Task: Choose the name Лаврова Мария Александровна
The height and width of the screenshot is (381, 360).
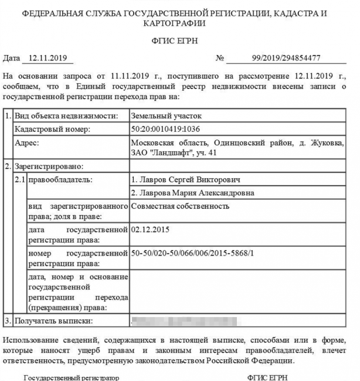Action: [193, 193]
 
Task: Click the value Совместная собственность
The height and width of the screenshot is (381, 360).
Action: [180, 206]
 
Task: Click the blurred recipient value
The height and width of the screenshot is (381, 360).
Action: [185, 321]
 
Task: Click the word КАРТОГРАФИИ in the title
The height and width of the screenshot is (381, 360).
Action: [176, 23]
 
